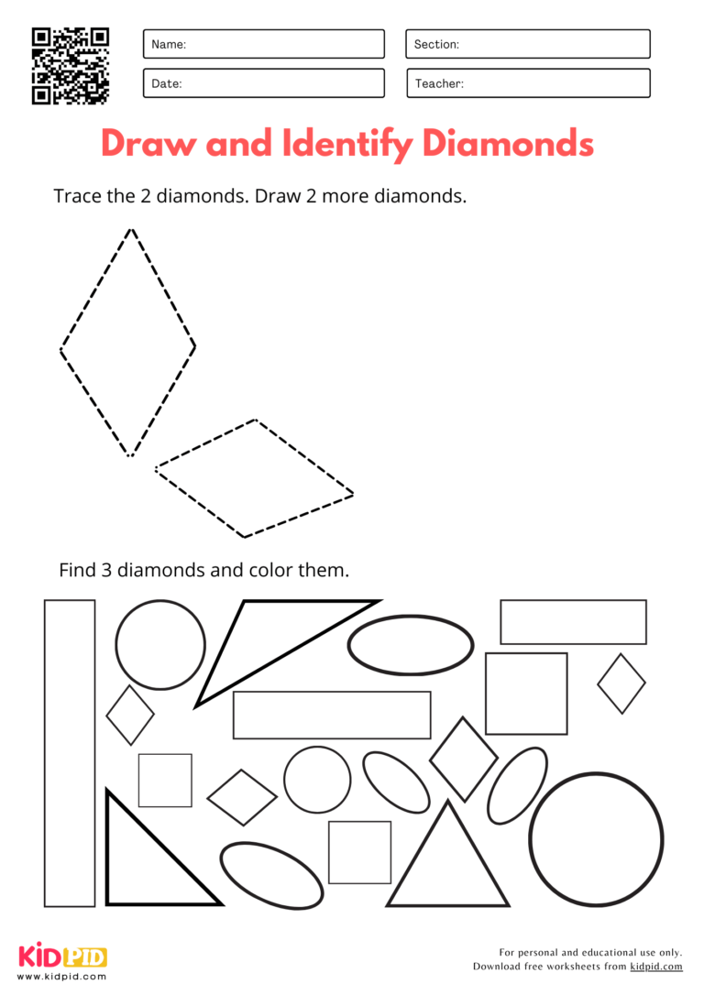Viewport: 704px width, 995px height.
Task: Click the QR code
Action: coord(71,65)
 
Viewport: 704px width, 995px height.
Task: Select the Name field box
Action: coord(263,44)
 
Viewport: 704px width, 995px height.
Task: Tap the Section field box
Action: coord(527,44)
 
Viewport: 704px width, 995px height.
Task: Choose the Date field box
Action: coord(263,83)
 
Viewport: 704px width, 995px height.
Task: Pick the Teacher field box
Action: coord(527,83)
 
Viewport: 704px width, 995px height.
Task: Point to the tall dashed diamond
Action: coord(128,344)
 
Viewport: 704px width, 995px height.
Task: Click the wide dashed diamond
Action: coord(254,479)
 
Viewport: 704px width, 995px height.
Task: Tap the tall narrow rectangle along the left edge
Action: coord(70,753)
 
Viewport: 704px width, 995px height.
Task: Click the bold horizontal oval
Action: coord(411,645)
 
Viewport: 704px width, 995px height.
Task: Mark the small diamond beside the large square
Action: coord(621,683)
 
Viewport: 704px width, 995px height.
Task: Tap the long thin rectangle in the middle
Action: coord(332,715)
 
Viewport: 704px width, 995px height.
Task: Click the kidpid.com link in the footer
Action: coord(656,967)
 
